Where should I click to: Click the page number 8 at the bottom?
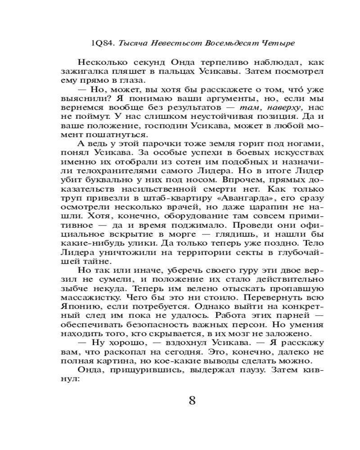(x=192, y=400)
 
